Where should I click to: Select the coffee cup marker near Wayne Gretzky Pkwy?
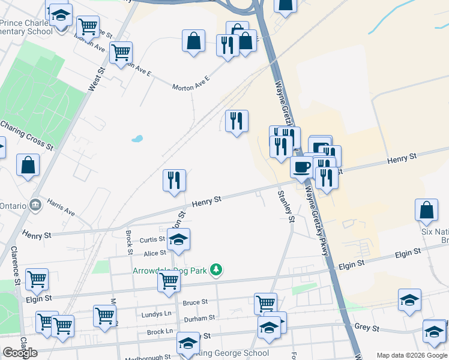tap(301, 166)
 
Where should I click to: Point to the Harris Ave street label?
tap(61, 207)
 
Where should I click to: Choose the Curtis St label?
tap(152, 239)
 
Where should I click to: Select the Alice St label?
tap(154, 253)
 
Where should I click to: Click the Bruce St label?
tap(195, 302)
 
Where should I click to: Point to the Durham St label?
tap(199, 317)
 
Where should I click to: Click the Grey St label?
tap(367, 328)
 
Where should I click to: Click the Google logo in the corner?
tap(20, 353)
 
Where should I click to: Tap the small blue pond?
tap(137, 139)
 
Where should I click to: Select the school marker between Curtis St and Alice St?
tap(178, 240)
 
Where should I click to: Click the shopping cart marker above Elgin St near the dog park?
tap(169, 280)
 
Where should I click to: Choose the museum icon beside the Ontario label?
tap(35, 205)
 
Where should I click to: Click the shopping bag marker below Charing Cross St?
tap(28, 166)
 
